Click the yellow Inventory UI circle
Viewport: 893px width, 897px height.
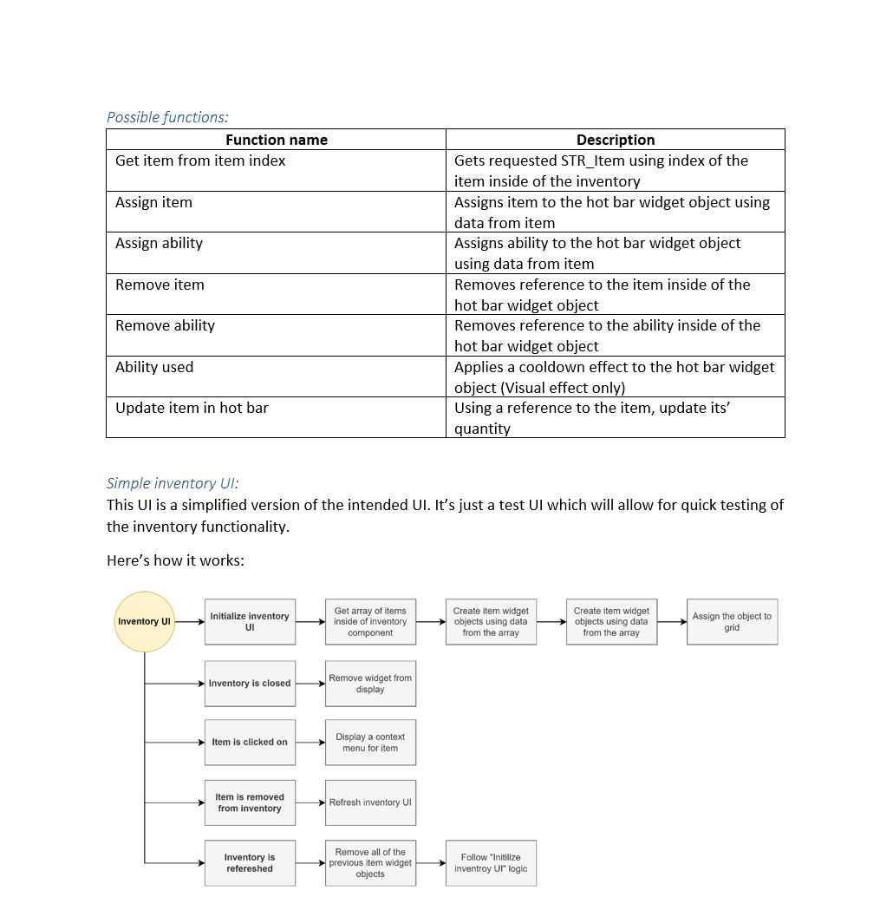(145, 621)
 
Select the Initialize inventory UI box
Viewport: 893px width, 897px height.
(250, 621)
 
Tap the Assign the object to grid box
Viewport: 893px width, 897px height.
(732, 621)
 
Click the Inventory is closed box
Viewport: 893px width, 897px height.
(250, 684)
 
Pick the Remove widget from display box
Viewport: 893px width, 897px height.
(370, 684)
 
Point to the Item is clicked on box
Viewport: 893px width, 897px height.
(250, 743)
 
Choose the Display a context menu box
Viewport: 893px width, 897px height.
(370, 743)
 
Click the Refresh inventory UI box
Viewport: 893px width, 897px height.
(370, 802)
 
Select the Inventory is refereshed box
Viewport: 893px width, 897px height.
(250, 863)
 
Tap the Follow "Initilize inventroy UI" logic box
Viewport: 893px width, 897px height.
(491, 863)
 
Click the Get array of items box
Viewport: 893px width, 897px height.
(370, 621)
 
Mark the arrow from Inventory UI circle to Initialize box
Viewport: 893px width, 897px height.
(190, 621)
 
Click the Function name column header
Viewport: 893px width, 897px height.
(276, 140)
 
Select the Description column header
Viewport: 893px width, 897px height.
(616, 140)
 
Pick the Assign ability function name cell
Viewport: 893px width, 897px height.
(160, 244)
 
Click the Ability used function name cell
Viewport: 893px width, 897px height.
(154, 367)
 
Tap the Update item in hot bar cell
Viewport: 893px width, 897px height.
(192, 408)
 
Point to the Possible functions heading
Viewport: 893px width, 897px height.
(167, 117)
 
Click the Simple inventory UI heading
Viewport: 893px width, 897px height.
(173, 483)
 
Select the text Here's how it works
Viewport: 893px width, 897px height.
(175, 560)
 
